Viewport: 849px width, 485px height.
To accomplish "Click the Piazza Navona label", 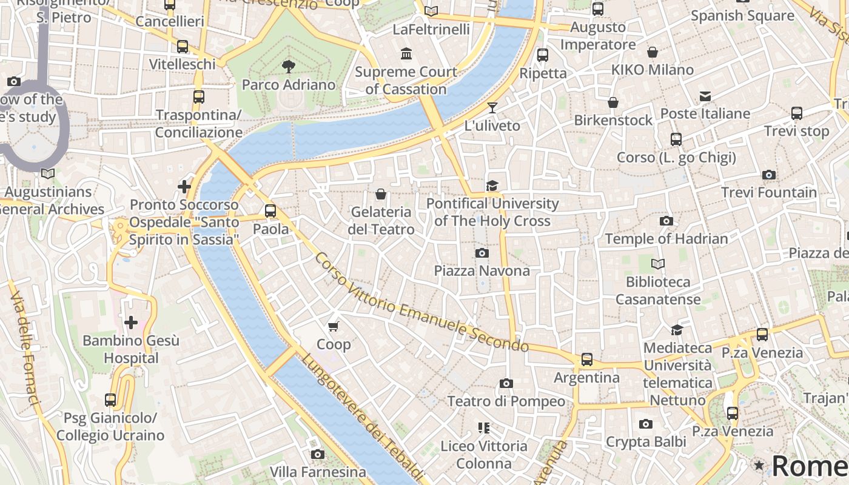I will (x=482, y=270).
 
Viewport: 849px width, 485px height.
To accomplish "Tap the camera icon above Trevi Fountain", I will (x=769, y=175).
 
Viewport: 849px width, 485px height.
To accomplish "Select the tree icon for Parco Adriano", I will (x=289, y=66).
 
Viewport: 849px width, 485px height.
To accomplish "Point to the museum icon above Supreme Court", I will (x=406, y=54).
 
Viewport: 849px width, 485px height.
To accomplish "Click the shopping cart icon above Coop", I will (x=333, y=327).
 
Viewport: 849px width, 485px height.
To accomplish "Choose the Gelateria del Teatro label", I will (x=381, y=221).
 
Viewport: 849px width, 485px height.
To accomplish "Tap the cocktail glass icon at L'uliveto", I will (x=492, y=108).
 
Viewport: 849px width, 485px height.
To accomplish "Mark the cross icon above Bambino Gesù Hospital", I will (x=130, y=323).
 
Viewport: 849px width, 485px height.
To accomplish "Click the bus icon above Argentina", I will (x=587, y=360).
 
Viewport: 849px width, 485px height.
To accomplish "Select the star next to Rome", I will (x=759, y=466).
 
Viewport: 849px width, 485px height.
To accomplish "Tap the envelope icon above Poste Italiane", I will (x=705, y=96).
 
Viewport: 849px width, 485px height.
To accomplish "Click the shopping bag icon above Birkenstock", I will (x=613, y=102).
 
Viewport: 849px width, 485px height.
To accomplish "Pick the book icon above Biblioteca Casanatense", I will (x=658, y=264).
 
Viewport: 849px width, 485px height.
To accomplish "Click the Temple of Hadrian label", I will (x=666, y=239).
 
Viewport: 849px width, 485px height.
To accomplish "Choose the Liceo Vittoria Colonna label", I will (x=484, y=455).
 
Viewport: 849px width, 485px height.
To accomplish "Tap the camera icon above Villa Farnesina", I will (x=317, y=454).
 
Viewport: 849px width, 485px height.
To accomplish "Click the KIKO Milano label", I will (x=652, y=70).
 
